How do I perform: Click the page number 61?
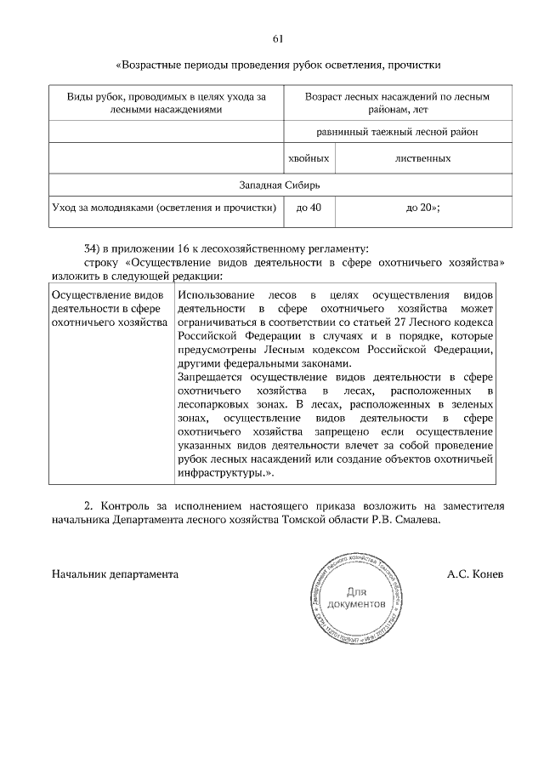(x=278, y=39)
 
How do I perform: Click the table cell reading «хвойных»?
(x=309, y=158)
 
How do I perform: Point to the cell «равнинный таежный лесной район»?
(x=398, y=132)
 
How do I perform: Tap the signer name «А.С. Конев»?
(x=475, y=574)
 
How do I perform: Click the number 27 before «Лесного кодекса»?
(x=381, y=323)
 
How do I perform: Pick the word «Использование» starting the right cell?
(x=215, y=294)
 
